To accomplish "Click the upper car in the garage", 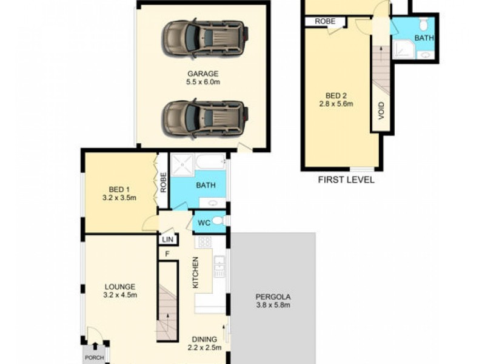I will pyautogui.click(x=204, y=38).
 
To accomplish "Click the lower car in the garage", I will pyautogui.click(x=204, y=116).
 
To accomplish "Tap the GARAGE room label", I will pyautogui.click(x=202, y=73).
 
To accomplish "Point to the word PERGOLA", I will pyautogui.click(x=272, y=297).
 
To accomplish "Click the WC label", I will pyautogui.click(x=204, y=223).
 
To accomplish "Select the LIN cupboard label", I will pyautogui.click(x=168, y=240).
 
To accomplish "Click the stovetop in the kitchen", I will pyautogui.click(x=205, y=242).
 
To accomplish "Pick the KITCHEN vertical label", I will pyautogui.click(x=195, y=272).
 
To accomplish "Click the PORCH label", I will pyautogui.click(x=94, y=357).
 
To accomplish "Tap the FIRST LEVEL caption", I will pyautogui.click(x=346, y=180).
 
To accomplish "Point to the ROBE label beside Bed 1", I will pyautogui.click(x=163, y=183).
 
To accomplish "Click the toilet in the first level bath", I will pyautogui.click(x=424, y=24).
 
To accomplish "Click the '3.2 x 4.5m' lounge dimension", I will pyautogui.click(x=120, y=295).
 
